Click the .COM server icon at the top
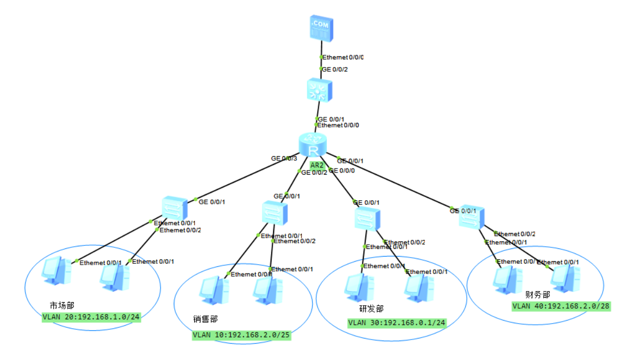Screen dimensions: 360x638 [321, 28]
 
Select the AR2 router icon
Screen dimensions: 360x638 [312, 144]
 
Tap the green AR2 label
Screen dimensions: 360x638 [317, 165]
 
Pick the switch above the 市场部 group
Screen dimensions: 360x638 [176, 208]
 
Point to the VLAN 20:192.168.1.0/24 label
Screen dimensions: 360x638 [91, 317]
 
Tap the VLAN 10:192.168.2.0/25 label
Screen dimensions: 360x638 [242, 335]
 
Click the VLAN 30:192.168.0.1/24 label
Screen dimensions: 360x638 [397, 323]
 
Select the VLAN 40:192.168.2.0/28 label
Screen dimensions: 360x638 [561, 306]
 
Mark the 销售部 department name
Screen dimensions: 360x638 [205, 319]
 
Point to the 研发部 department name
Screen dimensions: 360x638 [371, 309]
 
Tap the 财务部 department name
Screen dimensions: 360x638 [538, 295]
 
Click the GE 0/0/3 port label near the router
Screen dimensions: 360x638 [284, 158]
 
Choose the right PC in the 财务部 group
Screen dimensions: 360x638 [565, 279]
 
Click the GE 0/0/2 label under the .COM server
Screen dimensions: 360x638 [334, 69]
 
